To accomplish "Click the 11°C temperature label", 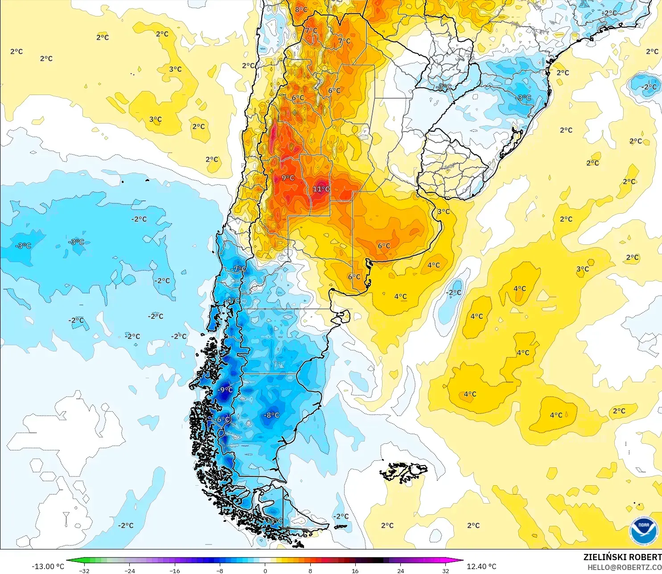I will [x=321, y=189].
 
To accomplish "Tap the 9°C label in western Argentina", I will [x=288, y=178].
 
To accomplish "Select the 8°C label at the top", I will [x=301, y=9].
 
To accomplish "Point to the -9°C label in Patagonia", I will [x=225, y=389].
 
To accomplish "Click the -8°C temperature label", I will [x=271, y=415].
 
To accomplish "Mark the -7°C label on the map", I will [x=238, y=269].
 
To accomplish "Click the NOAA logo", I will [x=643, y=531].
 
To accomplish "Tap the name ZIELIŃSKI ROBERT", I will [x=622, y=557].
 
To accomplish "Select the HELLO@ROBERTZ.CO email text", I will [x=624, y=567].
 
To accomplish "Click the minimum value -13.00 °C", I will [x=48, y=566].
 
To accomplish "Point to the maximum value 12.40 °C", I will [x=481, y=566].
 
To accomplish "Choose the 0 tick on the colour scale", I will [x=265, y=570].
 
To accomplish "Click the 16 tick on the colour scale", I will [x=355, y=570].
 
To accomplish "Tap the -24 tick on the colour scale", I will [x=129, y=570].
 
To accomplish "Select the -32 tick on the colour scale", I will [x=84, y=570].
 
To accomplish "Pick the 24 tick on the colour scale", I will [x=401, y=570].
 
